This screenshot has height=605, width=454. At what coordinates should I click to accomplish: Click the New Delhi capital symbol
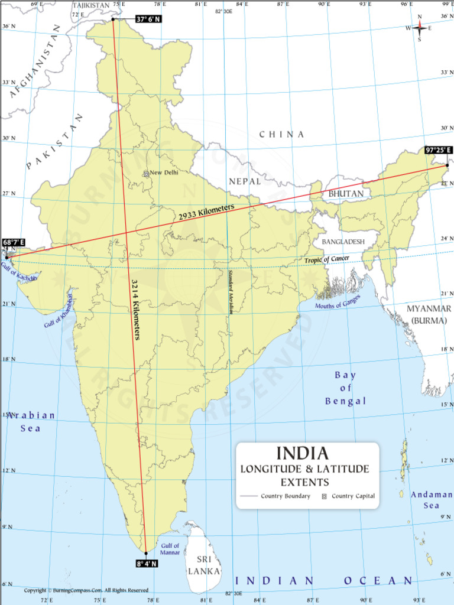[146, 174]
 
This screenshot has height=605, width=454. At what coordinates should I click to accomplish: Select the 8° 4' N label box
[147, 564]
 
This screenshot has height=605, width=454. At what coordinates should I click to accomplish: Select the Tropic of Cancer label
[327, 259]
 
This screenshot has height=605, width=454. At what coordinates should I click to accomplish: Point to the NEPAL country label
[245, 181]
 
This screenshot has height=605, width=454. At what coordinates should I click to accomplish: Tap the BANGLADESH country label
[343, 242]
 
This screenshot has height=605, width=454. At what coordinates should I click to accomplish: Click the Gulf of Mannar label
[170, 549]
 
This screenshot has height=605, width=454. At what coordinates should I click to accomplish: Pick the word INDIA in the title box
[303, 453]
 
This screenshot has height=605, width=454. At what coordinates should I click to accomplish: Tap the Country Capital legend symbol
[324, 496]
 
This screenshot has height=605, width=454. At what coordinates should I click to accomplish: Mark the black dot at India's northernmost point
[112, 19]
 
